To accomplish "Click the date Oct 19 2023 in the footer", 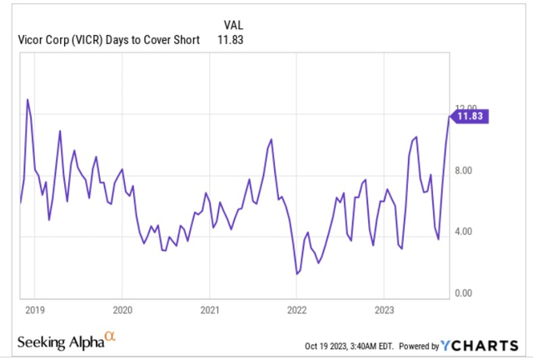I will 331,346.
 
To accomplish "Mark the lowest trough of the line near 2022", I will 296,273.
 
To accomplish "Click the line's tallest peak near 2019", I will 27,99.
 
